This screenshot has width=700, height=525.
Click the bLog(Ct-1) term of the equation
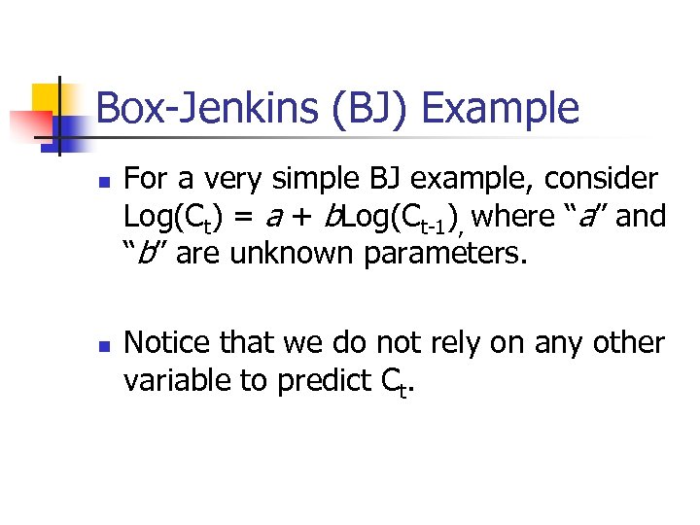393,217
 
